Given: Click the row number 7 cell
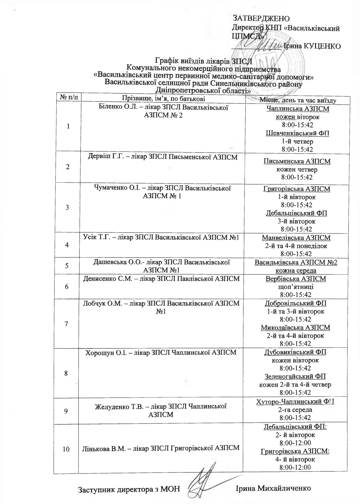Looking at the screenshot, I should (66, 324).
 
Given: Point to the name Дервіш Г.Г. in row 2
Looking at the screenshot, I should (98, 157).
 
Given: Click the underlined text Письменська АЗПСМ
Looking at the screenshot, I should (297, 162).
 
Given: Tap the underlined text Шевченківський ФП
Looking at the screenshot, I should (297, 133).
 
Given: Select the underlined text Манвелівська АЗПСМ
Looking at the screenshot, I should (296, 238).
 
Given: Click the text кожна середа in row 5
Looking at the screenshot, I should (296, 270).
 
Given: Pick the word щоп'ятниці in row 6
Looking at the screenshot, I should (296, 287).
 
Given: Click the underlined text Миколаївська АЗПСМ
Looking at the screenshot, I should (295, 328).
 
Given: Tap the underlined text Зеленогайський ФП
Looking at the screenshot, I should (295, 377).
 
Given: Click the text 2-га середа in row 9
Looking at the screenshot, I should (295, 410).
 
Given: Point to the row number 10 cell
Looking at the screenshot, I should (66, 449).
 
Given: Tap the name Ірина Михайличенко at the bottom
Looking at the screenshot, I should (273, 488).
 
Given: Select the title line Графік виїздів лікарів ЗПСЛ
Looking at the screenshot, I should (204, 61).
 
